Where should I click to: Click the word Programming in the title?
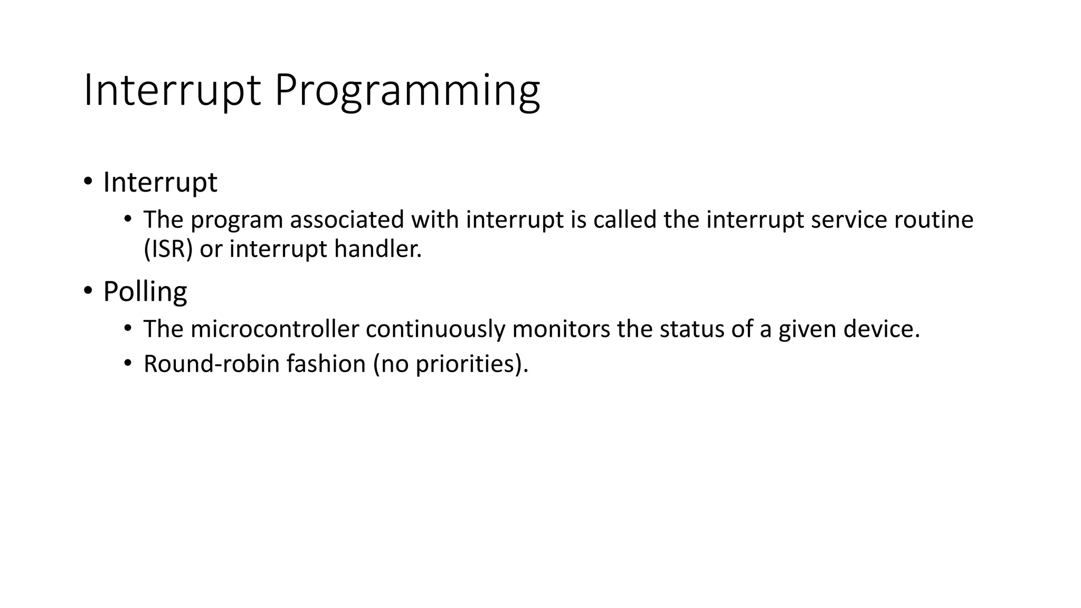406,91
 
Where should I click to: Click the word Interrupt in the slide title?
172,91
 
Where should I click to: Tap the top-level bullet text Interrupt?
160,183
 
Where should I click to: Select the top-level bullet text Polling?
145,291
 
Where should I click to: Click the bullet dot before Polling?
88,291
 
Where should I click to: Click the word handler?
377,249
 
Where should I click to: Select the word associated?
347,220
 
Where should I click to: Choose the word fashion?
326,364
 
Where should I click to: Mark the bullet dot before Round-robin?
127,363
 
